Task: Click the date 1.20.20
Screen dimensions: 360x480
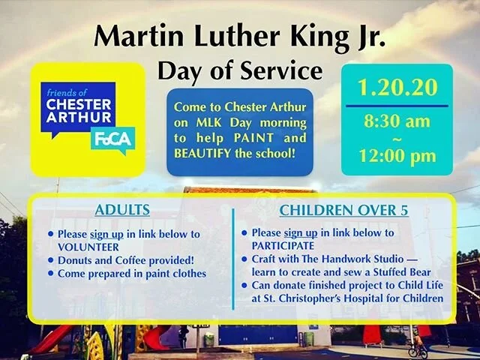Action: pos(397,88)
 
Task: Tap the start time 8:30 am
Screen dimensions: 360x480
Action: pos(397,120)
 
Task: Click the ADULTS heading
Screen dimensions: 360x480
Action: pos(122,210)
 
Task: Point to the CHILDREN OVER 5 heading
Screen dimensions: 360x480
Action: pos(343,210)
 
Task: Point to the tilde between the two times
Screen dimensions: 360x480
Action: pos(397,138)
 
